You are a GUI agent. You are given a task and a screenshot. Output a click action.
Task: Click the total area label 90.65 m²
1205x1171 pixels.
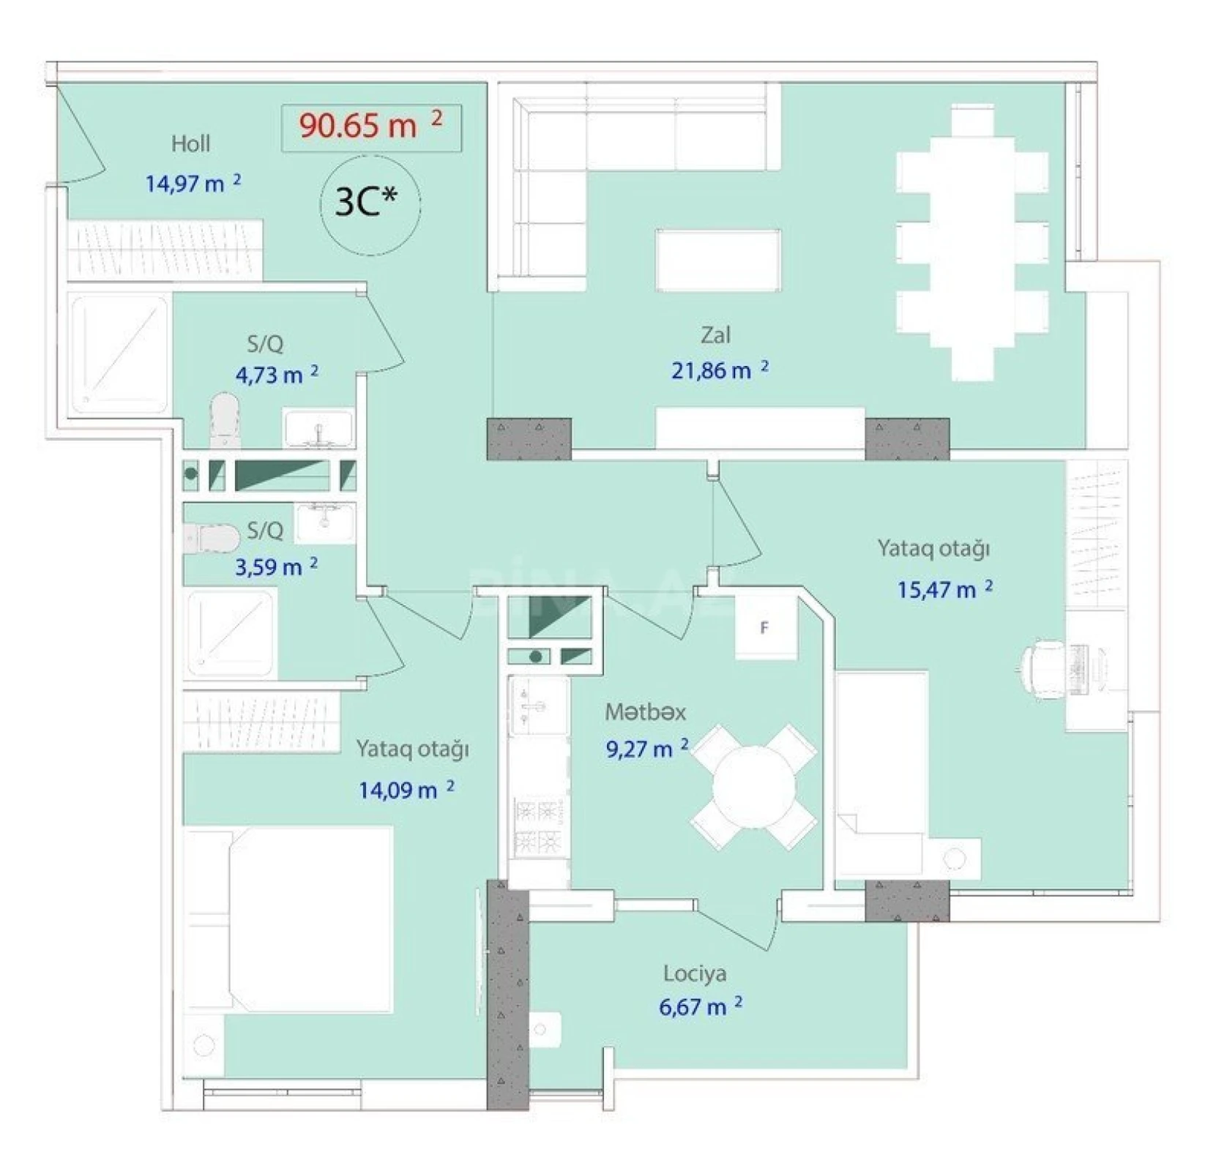(371, 127)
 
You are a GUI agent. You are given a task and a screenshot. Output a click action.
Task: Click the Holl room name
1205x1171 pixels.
(190, 143)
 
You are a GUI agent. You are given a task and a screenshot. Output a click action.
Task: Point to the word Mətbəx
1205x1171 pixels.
(645, 711)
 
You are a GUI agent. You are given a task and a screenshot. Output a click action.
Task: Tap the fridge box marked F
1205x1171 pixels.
(765, 628)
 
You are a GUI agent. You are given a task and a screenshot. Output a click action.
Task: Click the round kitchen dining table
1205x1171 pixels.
(754, 787)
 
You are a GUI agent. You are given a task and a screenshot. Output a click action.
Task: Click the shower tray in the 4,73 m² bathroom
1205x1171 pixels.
(119, 353)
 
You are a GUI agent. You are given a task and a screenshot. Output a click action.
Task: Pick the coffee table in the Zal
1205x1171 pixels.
(717, 260)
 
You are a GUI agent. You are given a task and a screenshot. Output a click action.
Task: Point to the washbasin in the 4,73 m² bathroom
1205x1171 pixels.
(318, 428)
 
